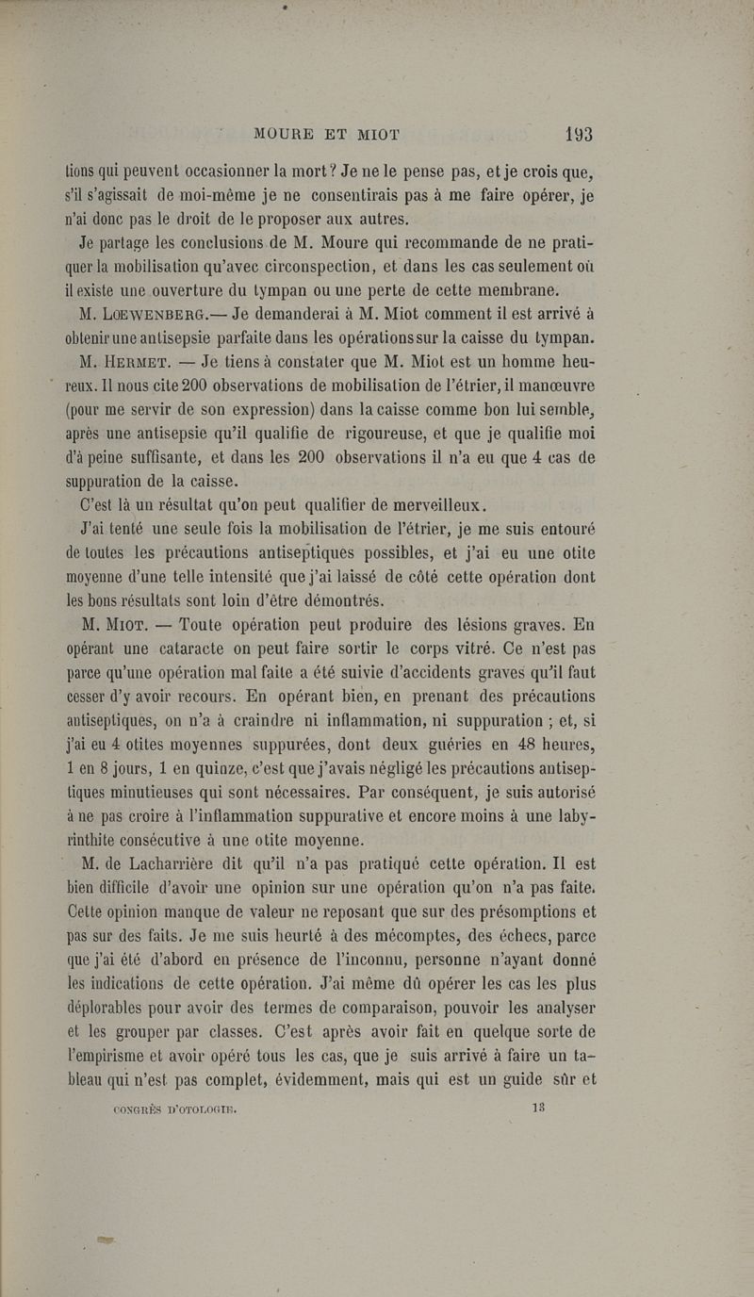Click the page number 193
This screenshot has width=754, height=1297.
[573, 134]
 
